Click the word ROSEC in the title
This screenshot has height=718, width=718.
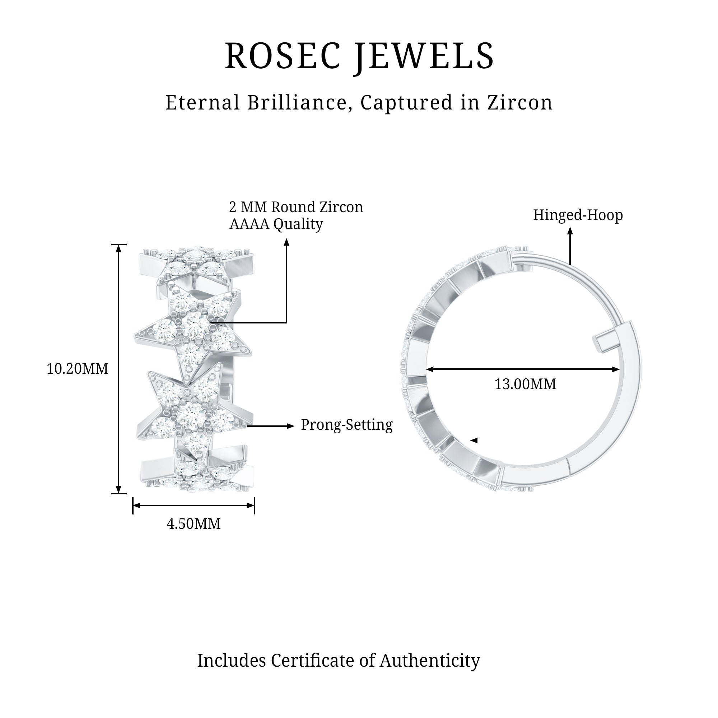click(283, 56)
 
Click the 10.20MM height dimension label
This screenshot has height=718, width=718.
click(77, 369)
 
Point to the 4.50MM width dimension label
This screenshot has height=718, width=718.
click(193, 524)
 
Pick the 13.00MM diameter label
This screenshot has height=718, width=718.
click(525, 384)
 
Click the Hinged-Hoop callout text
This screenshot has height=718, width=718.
click(578, 215)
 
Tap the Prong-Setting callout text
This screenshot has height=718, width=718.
click(346, 425)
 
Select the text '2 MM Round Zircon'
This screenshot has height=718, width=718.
click(296, 207)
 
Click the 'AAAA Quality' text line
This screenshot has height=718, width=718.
click(276, 224)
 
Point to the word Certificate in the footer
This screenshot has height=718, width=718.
click(323, 661)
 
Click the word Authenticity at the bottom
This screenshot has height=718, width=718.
click(430, 661)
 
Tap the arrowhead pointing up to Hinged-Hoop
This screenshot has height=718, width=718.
click(570, 231)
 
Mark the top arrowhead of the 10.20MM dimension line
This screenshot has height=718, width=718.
click(118, 249)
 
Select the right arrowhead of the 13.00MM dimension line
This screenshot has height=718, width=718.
click(616, 369)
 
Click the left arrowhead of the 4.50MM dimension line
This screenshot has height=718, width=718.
click(136, 505)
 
